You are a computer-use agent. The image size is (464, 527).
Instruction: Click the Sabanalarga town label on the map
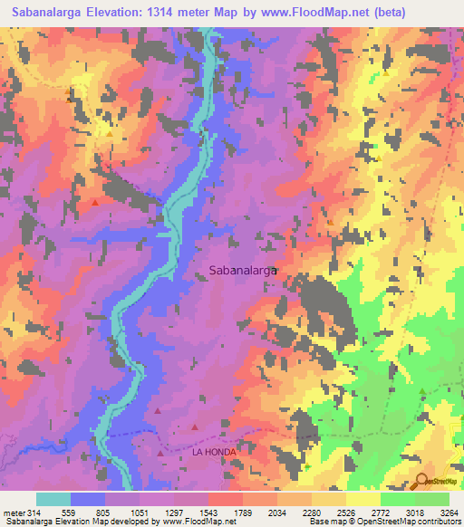coord(243,270)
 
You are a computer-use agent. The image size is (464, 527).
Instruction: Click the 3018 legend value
coord(397,512)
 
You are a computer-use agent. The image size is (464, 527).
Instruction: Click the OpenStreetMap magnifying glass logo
coord(422,481)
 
